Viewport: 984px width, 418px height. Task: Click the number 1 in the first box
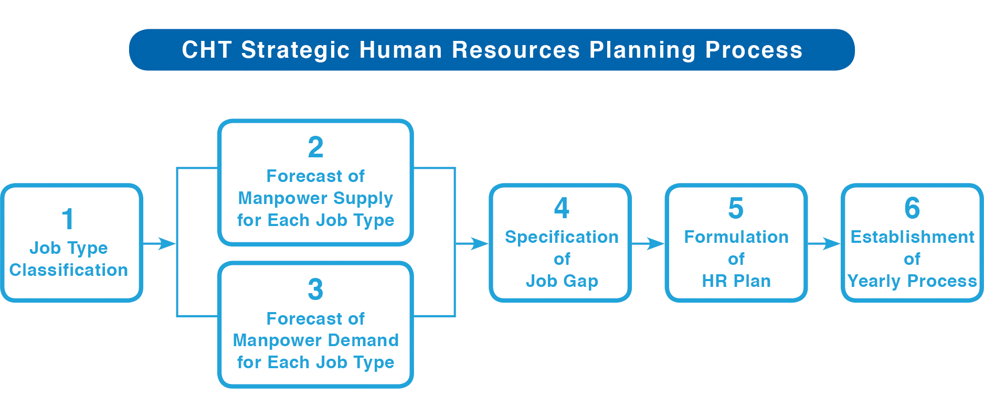(x=68, y=219)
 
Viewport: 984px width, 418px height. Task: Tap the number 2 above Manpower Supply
(x=315, y=147)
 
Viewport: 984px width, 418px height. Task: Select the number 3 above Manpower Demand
(x=315, y=289)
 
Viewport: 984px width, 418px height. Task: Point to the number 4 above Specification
(x=562, y=208)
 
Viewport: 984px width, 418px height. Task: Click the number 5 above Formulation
(x=736, y=208)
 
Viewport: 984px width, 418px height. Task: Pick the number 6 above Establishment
(x=912, y=208)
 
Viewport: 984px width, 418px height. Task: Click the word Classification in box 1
(x=69, y=270)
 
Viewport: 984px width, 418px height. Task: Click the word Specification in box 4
(x=562, y=237)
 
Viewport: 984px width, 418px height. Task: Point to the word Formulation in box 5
(x=736, y=237)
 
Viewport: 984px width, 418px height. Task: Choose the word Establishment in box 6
(x=913, y=237)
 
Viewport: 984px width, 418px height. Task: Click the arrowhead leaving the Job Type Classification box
(x=168, y=243)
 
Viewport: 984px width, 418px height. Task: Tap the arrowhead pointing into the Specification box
(x=480, y=243)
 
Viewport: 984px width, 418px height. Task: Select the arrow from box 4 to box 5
(x=648, y=243)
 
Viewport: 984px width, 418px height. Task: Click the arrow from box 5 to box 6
(x=824, y=243)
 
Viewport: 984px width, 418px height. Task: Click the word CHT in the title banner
(x=207, y=50)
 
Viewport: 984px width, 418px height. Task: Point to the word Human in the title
(x=401, y=50)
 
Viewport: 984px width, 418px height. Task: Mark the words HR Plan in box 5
(x=736, y=281)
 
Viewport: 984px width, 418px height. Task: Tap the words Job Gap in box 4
(x=562, y=281)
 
